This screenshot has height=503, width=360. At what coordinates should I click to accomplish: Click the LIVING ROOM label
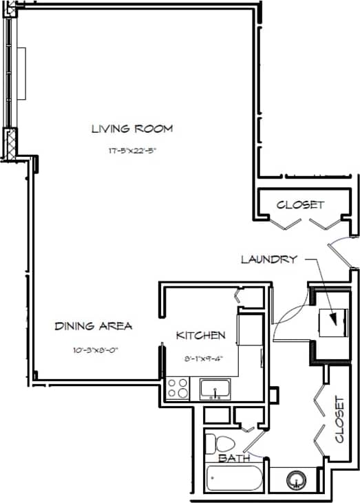tap(131, 129)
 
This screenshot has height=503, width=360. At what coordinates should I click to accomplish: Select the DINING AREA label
tap(93, 326)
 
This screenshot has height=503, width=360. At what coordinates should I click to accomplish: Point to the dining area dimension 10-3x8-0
tap(95, 350)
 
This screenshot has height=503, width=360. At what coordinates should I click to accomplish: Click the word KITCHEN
tap(200, 336)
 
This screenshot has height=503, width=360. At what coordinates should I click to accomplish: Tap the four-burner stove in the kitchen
tap(178, 389)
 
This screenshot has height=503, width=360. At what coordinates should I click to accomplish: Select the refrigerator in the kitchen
tap(249, 328)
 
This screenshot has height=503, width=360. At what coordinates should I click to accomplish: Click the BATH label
tap(231, 458)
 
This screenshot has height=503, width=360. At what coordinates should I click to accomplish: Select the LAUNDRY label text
tap(268, 259)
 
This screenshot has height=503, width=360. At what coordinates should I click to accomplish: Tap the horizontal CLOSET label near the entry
tap(299, 205)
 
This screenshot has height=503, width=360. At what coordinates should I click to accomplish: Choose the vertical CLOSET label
tap(339, 419)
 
